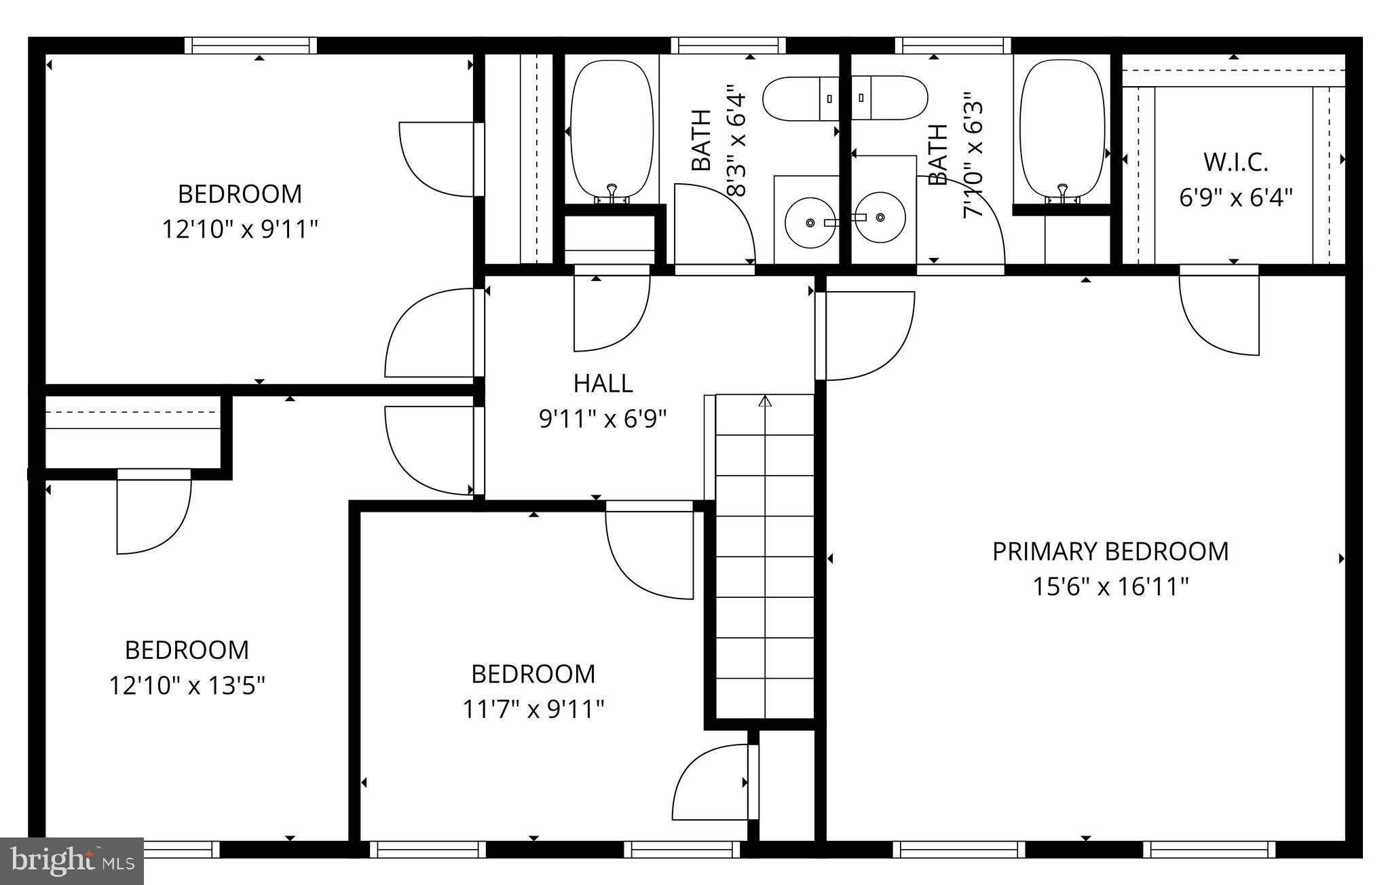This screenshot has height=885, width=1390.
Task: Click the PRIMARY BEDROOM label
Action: coord(1110,551)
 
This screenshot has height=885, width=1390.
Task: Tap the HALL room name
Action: coord(603,383)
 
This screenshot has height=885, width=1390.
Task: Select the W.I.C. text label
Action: coord(1235,162)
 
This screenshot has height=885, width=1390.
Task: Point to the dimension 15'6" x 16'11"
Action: coord(1110,586)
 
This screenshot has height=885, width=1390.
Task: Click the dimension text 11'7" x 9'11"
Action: coord(533,710)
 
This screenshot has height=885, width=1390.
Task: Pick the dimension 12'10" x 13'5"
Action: coord(187,685)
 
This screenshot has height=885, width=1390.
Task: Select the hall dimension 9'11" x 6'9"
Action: coord(603,419)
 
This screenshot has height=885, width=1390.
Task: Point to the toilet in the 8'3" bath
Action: coord(801,99)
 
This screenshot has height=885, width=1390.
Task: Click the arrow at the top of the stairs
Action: coord(766,402)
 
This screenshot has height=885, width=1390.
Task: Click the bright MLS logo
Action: coord(71,861)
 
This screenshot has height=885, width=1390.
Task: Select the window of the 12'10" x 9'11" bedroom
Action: coord(250,45)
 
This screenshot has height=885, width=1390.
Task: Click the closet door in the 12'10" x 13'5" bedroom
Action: coord(155,512)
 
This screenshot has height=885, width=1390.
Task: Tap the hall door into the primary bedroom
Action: coord(865,336)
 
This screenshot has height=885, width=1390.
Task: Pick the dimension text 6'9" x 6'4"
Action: coord(1235,198)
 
